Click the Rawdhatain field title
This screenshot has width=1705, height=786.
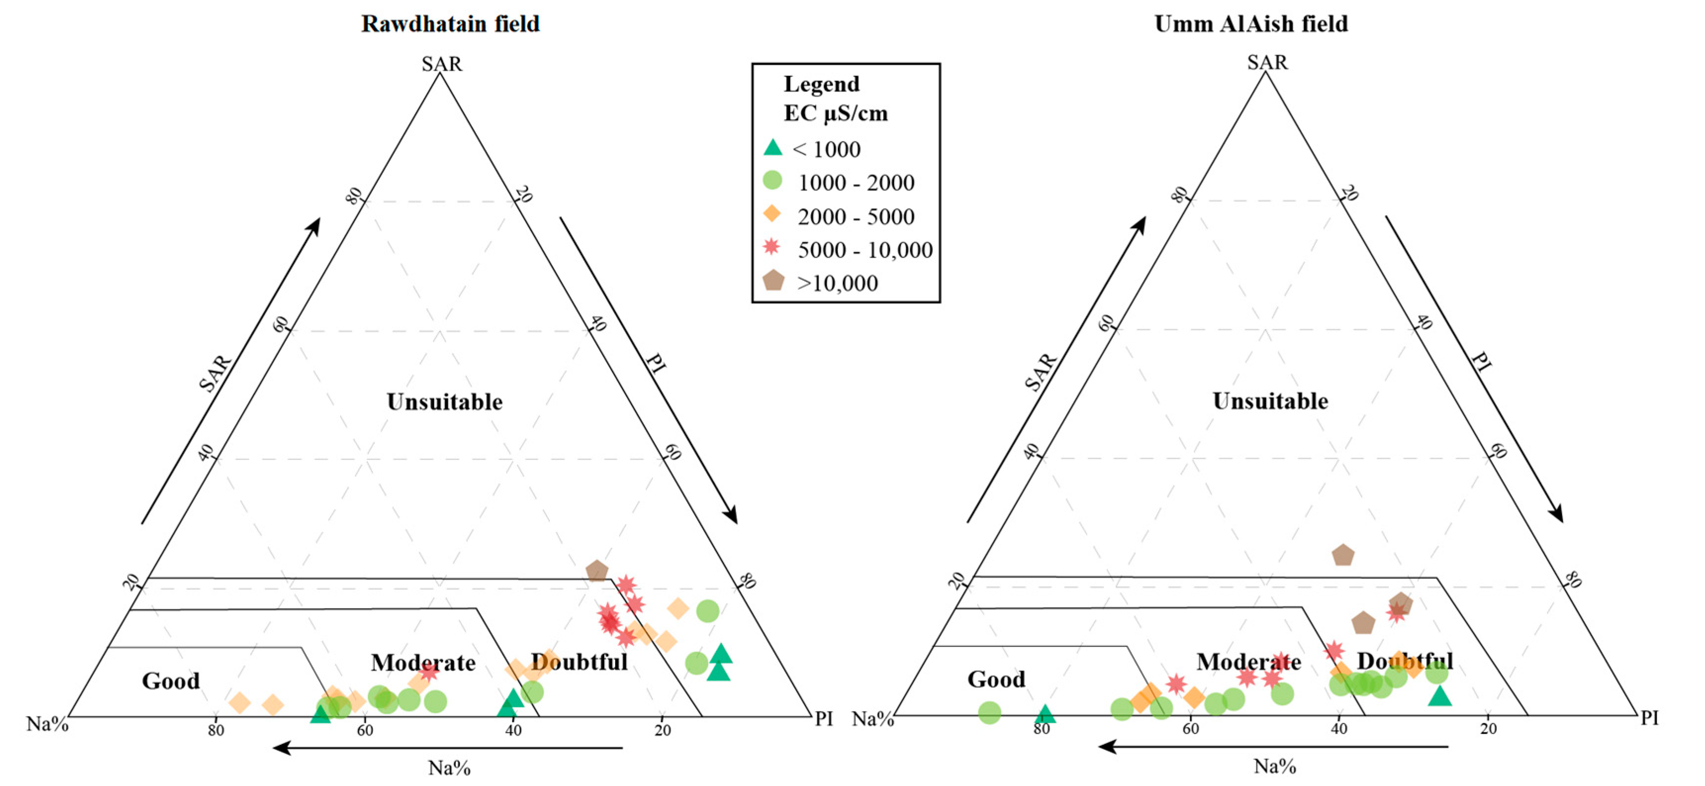[450, 24]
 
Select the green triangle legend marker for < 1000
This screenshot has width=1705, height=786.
[772, 148]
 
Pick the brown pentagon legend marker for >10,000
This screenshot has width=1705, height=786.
[773, 281]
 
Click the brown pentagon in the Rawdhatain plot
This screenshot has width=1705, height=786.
[596, 570]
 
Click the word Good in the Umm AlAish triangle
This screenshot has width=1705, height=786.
[996, 679]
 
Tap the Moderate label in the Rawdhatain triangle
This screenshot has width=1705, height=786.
[423, 663]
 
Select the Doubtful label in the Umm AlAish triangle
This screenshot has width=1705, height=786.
[1404, 661]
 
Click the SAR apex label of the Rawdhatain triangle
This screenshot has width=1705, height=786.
[442, 64]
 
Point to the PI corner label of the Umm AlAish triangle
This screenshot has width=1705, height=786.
[1650, 718]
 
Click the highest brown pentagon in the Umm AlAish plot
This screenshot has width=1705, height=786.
[1342, 555]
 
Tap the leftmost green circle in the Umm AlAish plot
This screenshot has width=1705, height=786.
[989, 712]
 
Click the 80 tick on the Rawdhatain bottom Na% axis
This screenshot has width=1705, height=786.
[216, 731]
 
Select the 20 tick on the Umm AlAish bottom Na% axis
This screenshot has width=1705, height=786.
[1488, 729]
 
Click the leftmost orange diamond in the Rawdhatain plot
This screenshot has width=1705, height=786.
[240, 702]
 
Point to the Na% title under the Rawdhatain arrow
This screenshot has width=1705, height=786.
[449, 768]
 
